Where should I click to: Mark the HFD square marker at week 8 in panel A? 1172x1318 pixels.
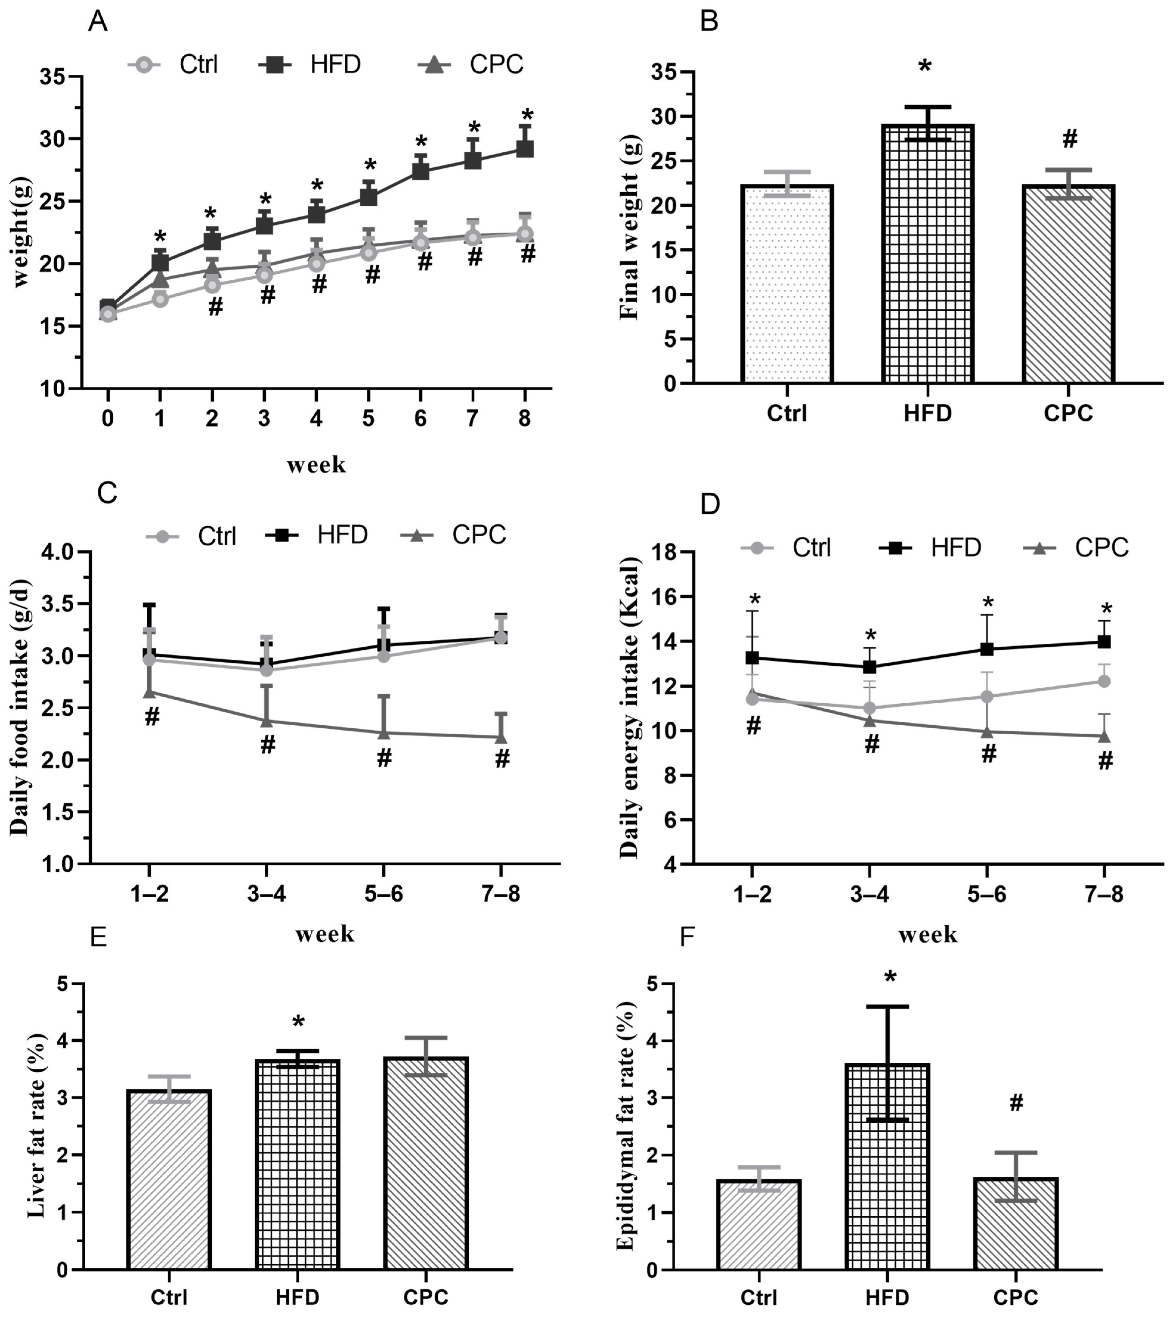click(525, 149)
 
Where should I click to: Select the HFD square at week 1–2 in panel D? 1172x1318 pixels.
click(752, 658)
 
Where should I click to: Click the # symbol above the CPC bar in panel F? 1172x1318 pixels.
click(1016, 1103)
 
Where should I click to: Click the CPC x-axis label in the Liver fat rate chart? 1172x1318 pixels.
click(426, 1296)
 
